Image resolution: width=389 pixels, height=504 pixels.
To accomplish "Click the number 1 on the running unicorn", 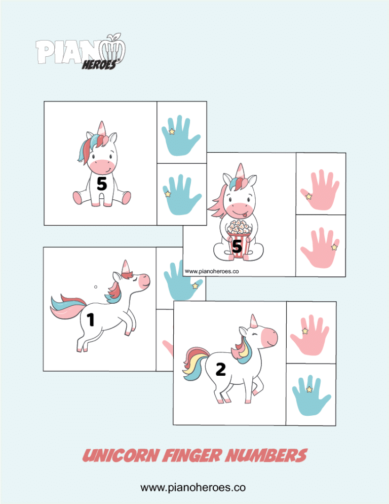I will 91,319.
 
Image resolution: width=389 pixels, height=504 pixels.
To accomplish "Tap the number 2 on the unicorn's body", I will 220,370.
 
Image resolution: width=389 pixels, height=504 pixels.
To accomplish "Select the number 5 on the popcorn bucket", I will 237,246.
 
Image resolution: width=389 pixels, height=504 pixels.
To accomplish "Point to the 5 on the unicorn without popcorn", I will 102,184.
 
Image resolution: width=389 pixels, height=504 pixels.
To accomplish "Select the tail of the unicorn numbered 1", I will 63,307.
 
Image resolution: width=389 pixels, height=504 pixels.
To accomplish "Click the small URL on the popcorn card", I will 212,271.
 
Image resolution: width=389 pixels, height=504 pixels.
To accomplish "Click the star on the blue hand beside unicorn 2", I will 309,389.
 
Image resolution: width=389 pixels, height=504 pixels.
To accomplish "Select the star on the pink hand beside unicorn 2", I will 305,331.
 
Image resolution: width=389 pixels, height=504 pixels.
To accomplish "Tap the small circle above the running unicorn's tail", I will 96,287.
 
